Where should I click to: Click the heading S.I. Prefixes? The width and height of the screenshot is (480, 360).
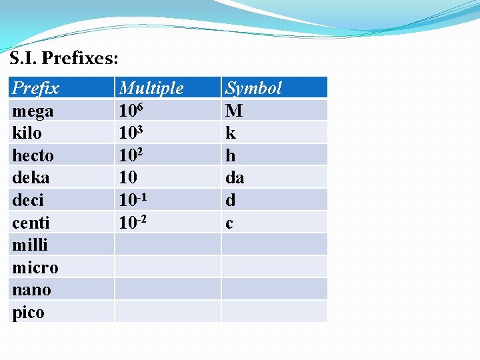[64, 59]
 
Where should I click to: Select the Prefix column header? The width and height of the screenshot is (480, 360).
[36, 88]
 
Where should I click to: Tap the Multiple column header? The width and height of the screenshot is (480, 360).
[151, 88]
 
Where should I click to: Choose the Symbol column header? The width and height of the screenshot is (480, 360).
[253, 88]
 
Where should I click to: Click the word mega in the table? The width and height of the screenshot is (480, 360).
[33, 111]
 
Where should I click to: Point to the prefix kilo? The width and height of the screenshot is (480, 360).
[27, 133]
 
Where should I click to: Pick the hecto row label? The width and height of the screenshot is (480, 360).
[33, 155]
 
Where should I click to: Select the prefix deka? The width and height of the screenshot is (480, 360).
[31, 177]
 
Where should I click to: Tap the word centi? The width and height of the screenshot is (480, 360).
[31, 223]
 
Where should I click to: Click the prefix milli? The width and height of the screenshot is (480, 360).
[30, 245]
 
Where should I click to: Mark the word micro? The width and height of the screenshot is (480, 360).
[35, 267]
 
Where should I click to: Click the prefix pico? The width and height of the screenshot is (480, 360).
[29, 312]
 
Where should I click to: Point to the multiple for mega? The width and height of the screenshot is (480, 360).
[131, 110]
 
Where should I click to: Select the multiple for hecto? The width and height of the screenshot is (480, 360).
[131, 155]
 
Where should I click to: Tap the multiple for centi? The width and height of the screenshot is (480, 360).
[133, 222]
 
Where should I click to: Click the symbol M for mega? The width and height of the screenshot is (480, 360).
[234, 111]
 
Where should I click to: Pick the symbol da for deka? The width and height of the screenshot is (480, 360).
[235, 177]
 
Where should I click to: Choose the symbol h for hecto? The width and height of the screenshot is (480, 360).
[231, 155]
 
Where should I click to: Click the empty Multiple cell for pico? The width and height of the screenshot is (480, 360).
[167, 311]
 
